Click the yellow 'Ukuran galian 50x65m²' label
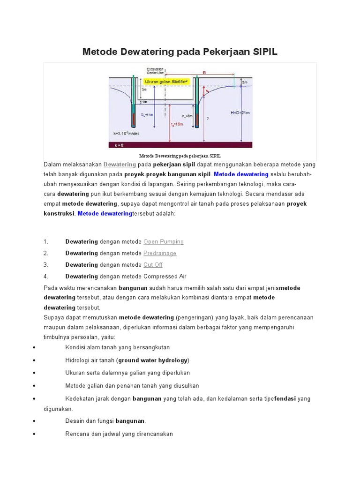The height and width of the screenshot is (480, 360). tap(166, 82)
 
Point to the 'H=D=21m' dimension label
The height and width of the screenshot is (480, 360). tap(240, 112)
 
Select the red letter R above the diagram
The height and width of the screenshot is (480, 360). tap(204, 73)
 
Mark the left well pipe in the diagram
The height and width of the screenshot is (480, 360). tap(134, 103)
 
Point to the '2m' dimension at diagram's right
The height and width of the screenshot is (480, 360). tap(245, 82)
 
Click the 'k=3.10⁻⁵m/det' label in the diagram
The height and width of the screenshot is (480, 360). tap(127, 133)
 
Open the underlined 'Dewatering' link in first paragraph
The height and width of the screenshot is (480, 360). tap(120, 165)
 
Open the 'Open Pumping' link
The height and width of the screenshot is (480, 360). tap(163, 242)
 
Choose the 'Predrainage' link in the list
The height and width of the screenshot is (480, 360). tap(160, 254)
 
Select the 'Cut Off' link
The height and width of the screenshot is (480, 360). tap(153, 265)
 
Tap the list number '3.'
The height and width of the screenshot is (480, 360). tap(46, 265)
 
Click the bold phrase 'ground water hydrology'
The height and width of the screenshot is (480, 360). tap(153, 360)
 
